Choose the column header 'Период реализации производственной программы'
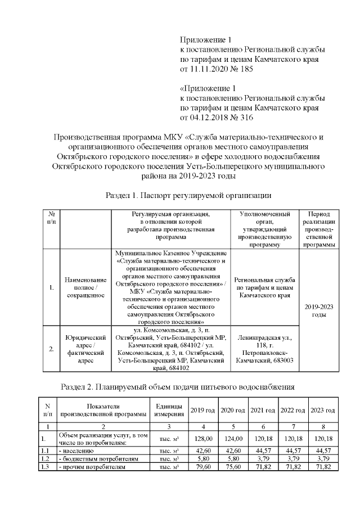318,229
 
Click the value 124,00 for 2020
233,438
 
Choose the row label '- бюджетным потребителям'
89,458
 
